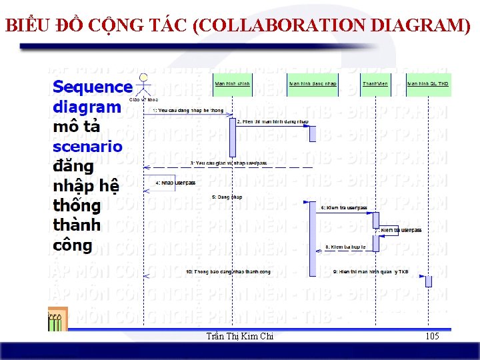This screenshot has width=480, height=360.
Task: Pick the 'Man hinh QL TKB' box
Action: click(x=428, y=85)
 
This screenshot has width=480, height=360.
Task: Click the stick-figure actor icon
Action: click(x=143, y=85)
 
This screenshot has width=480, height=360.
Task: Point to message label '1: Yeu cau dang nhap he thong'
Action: click(x=188, y=109)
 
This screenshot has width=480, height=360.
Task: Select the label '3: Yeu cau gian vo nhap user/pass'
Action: click(x=228, y=163)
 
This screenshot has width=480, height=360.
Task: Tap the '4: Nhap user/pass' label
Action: click(x=175, y=183)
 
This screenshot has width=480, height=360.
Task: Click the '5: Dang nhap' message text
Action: click(x=227, y=197)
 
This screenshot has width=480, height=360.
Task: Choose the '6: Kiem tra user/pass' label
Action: click(x=343, y=208)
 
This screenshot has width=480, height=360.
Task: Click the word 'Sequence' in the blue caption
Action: click(x=92, y=87)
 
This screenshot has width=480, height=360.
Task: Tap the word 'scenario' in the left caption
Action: click(x=87, y=147)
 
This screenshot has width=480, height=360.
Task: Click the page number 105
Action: click(x=432, y=337)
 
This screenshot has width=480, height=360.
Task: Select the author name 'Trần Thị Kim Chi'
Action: click(x=241, y=337)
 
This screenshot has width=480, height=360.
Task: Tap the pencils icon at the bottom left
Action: click(x=57, y=320)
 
